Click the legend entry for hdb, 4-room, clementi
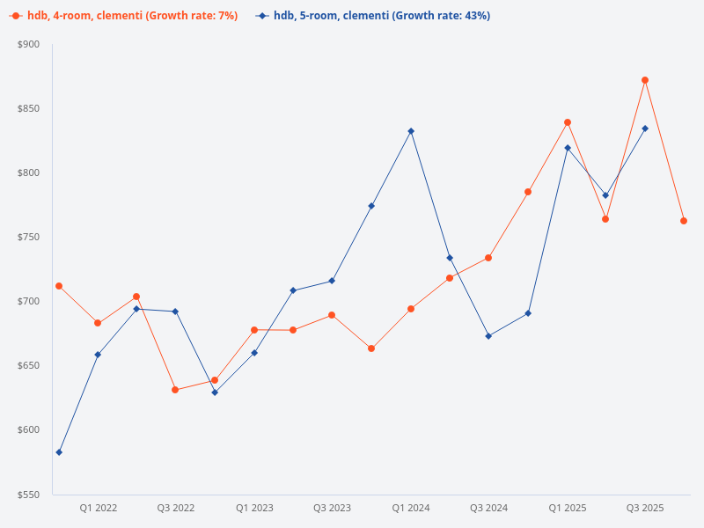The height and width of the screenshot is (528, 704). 123,16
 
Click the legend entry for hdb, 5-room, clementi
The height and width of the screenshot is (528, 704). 373,16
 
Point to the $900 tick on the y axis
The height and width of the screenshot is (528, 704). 28,44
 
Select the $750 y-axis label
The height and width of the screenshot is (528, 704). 28,238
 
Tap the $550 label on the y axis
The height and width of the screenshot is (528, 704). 28,495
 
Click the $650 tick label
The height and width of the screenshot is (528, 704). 28,366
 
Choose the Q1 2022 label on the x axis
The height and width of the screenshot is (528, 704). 98,508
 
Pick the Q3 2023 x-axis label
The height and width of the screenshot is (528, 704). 332,508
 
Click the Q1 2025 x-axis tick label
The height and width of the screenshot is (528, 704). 568,508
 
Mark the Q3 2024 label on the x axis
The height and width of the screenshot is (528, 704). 488,508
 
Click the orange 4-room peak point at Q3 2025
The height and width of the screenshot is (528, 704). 645,80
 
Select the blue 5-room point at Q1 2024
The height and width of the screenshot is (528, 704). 411,131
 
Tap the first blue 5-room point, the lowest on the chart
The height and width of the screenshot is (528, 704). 59,452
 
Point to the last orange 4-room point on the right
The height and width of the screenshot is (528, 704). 684,221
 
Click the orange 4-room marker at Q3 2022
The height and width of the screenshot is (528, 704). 175,390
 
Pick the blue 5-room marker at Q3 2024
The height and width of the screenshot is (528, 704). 488,336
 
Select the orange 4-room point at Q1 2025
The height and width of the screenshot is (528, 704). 568,122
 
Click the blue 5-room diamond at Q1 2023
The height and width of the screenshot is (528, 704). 254,353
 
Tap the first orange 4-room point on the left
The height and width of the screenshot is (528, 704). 59,286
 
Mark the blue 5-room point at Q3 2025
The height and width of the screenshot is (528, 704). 645,128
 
